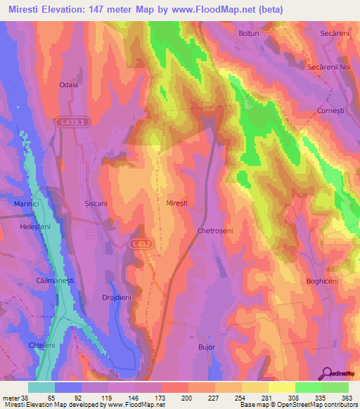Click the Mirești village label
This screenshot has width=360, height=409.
point(176,202)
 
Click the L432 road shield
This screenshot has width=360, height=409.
point(139,243)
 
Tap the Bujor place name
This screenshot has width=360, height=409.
point(206,347)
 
